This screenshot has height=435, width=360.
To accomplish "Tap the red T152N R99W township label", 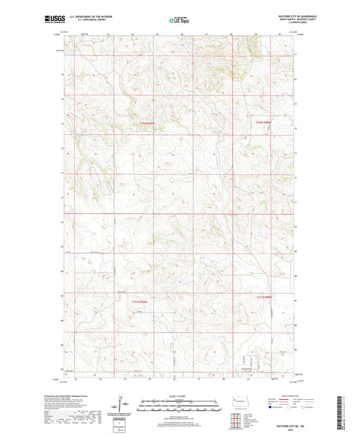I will (x=147, y=122).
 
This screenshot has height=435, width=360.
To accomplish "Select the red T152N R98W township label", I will (x=262, y=122).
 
